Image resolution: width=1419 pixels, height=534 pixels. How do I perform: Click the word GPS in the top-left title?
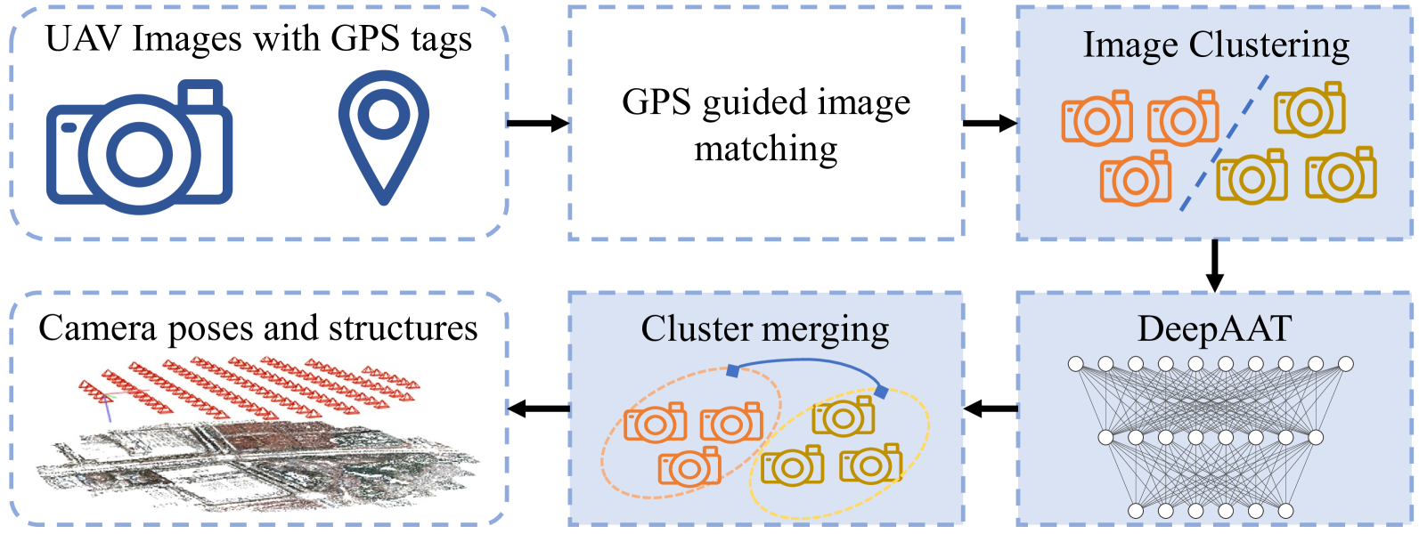(x=364, y=39)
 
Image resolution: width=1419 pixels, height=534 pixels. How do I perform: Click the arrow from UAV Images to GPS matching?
(x=537, y=123)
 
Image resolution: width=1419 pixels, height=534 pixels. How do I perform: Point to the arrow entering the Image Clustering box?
(x=990, y=123)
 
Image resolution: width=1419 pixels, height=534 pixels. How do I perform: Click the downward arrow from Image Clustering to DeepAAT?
(x=1214, y=265)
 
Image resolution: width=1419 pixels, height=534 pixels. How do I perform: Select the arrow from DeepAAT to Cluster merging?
(x=990, y=409)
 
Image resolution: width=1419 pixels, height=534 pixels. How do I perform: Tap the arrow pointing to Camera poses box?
(x=538, y=409)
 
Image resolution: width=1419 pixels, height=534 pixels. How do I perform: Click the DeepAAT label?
(x=1214, y=329)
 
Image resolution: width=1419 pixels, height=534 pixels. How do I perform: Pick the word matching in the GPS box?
(x=766, y=149)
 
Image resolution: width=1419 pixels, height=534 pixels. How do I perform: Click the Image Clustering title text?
(x=1216, y=44)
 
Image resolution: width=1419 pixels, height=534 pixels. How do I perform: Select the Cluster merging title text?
(x=765, y=329)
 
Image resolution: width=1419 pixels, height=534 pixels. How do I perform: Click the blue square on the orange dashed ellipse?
(x=732, y=370)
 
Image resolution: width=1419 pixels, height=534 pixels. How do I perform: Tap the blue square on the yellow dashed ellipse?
(x=881, y=392)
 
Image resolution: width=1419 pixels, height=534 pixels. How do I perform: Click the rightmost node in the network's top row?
(x=1345, y=364)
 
